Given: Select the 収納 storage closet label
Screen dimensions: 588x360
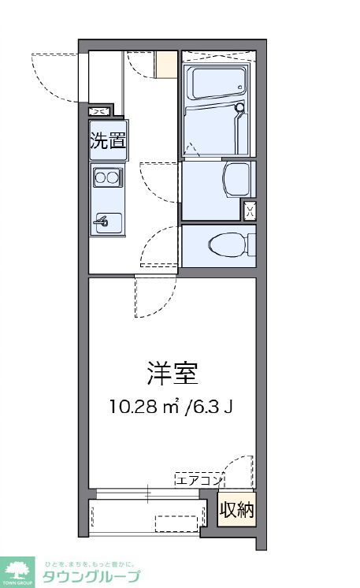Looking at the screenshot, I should tap(237, 511).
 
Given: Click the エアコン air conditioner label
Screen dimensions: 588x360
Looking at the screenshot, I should tap(199, 479).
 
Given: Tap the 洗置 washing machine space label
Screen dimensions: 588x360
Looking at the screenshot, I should tap(107, 142).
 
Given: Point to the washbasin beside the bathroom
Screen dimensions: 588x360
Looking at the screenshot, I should tap(236, 180).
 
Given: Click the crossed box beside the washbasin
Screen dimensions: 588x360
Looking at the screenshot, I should tap(249, 210).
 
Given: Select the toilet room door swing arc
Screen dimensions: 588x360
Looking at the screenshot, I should tap(158, 244).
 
